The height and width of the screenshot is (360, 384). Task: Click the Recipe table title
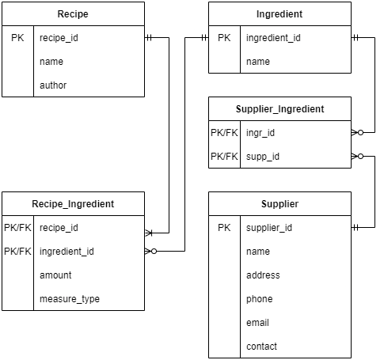(73, 14)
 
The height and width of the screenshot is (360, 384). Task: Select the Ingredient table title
(279, 14)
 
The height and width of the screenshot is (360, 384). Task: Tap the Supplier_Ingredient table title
(279, 109)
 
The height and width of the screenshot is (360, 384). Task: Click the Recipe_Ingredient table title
(73, 204)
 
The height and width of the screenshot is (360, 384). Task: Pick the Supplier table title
(279, 204)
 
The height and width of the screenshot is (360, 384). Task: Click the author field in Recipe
(53, 85)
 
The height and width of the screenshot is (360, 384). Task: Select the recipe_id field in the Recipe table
(59, 38)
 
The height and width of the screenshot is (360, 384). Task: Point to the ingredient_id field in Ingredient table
(273, 38)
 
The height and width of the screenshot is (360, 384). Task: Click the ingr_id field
(260, 133)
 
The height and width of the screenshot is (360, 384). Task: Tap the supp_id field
(263, 157)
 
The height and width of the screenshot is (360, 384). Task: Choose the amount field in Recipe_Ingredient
(55, 275)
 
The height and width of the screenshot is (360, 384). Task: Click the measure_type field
(70, 299)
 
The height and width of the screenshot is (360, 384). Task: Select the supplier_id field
(269, 228)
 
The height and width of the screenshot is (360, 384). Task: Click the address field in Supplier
(263, 275)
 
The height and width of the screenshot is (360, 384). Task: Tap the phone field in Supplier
(260, 299)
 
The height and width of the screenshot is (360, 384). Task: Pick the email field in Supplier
(257, 323)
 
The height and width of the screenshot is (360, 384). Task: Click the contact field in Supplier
(261, 347)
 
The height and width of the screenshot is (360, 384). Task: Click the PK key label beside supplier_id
(224, 228)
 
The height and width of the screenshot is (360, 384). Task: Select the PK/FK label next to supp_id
(224, 157)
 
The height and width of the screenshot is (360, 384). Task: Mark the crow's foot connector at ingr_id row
(358, 133)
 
